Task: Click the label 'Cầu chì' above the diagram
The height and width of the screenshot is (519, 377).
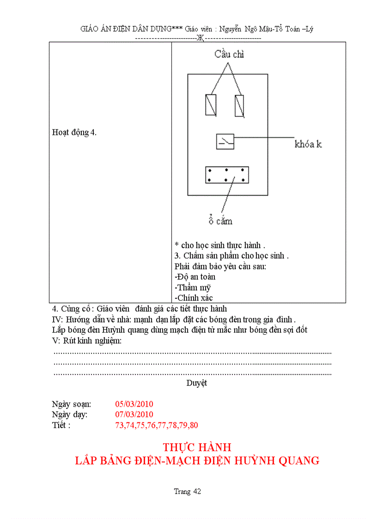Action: [x=229, y=55]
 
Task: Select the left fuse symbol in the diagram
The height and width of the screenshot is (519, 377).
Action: [x=211, y=105]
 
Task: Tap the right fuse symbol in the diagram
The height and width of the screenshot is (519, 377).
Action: [x=240, y=105]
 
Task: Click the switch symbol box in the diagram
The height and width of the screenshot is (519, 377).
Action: [x=225, y=141]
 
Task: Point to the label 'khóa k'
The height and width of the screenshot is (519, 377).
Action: [x=308, y=144]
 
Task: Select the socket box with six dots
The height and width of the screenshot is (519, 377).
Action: [x=227, y=175]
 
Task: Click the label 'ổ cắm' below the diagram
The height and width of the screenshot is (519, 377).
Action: [x=220, y=221]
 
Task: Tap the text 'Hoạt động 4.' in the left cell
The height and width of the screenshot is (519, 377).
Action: [x=74, y=132]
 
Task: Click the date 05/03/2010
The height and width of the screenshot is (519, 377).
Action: [x=134, y=403]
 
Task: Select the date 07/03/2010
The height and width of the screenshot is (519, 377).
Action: [x=134, y=414]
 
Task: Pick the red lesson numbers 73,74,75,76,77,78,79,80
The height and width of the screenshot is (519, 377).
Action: [x=156, y=425]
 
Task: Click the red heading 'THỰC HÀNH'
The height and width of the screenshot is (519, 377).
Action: [x=197, y=447]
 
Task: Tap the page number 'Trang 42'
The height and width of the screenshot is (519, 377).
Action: [x=188, y=491]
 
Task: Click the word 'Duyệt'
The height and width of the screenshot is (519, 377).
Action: [x=197, y=383]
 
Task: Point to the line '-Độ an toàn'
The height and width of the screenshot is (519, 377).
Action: [x=195, y=277]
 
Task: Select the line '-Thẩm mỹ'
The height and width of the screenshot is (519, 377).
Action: [x=193, y=287]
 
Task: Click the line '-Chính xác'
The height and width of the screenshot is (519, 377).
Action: [x=194, y=298]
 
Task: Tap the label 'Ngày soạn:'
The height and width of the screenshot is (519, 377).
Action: [x=72, y=403]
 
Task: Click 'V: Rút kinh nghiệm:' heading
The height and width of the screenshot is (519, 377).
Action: [x=87, y=341]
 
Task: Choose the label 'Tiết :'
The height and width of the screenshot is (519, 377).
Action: [x=61, y=425]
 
